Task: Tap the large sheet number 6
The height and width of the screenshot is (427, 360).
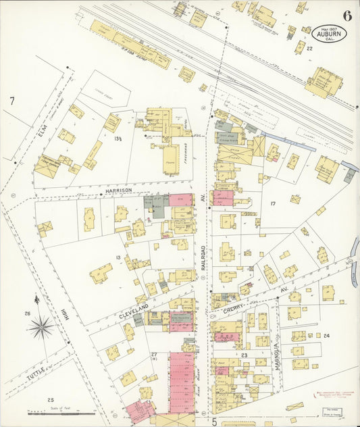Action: (346, 16)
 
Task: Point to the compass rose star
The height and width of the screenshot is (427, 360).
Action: (41, 328)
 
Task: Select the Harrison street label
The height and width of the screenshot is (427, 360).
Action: (119, 192)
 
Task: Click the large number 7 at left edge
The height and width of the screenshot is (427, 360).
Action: (11, 101)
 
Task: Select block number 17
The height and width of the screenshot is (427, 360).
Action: (274, 203)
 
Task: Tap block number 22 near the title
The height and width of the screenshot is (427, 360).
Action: (309, 49)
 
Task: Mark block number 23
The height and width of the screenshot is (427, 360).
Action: (245, 354)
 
